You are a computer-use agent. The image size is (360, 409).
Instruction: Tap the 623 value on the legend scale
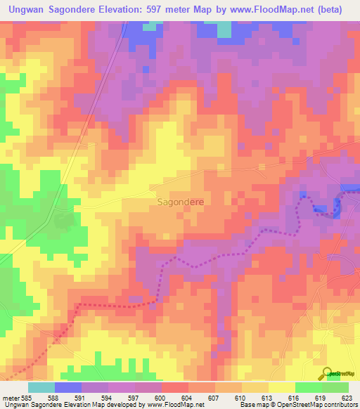pos(345,397)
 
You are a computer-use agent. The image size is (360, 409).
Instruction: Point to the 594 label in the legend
pos(107,397)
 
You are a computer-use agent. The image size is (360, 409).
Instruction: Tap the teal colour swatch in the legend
pos(41,387)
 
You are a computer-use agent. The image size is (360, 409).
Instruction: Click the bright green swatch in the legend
pos(308,387)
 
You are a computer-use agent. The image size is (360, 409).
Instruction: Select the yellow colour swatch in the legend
pos(281,387)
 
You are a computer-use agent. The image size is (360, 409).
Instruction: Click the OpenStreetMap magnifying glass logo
pos(326,374)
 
